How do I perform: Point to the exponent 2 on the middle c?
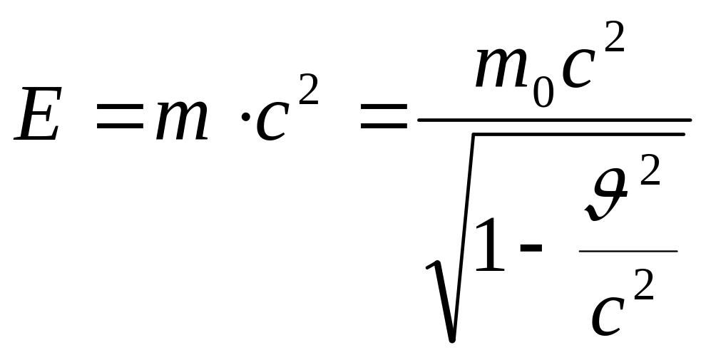pyautogui.click(x=308, y=91)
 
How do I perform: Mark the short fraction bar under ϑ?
pyautogui.click(x=628, y=251)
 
